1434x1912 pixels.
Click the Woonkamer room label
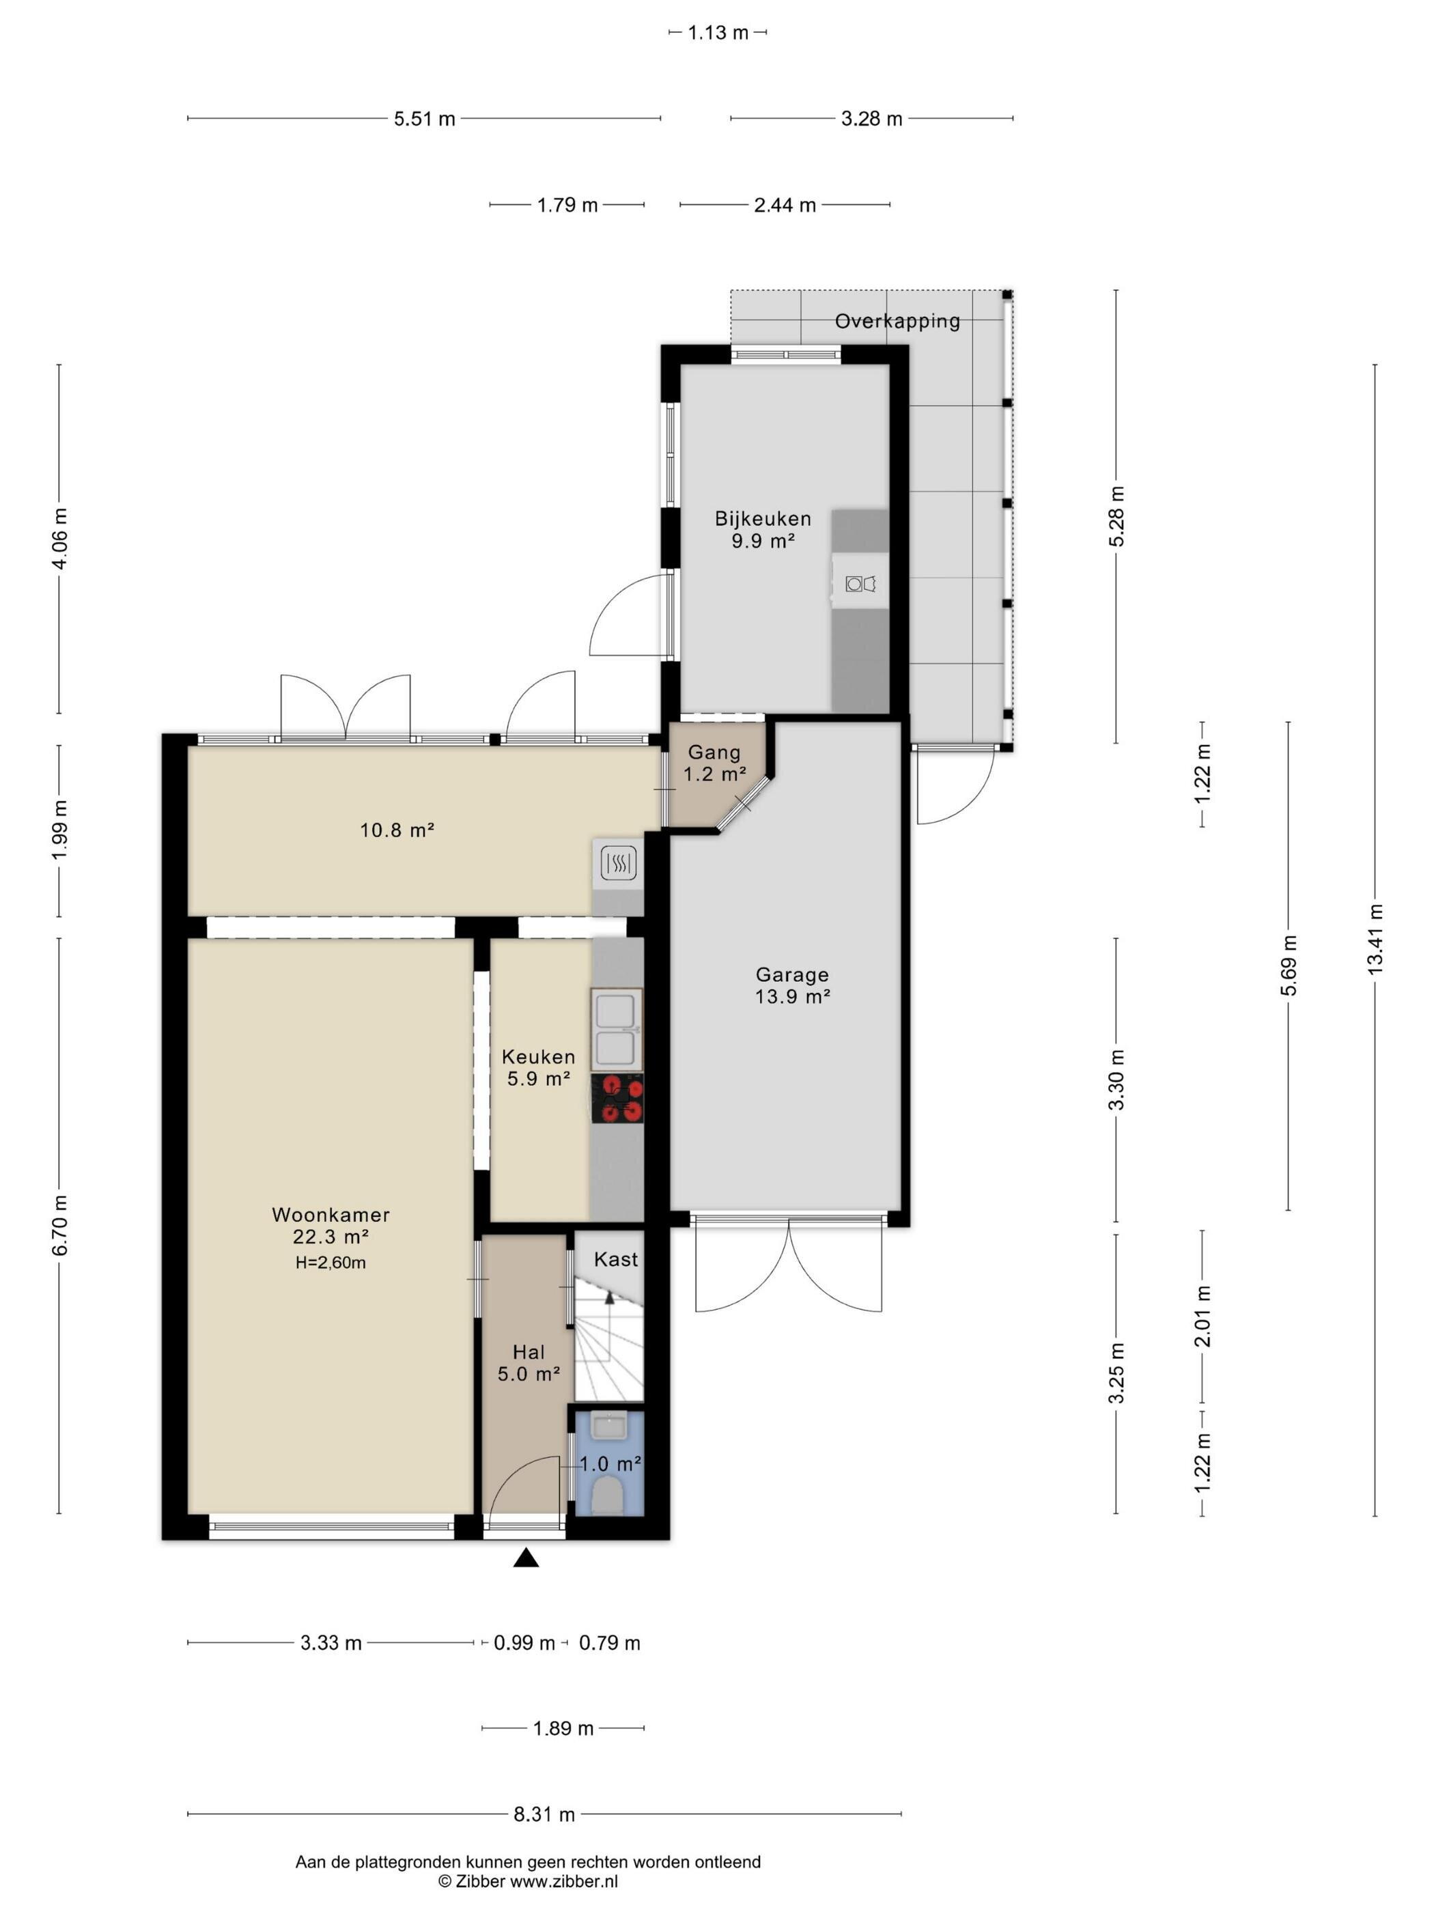click(x=331, y=1214)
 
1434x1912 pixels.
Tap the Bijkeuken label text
click(x=762, y=518)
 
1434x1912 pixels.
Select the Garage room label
click(x=791, y=974)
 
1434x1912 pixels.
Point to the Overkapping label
click(x=897, y=322)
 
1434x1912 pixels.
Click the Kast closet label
click(x=615, y=1259)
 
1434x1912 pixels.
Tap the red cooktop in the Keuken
click(x=617, y=1099)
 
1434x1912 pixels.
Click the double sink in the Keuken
click(x=617, y=1030)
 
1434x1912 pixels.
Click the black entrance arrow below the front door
click(x=526, y=1558)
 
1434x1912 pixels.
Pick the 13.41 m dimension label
click(x=1375, y=940)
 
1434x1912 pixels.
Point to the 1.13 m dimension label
click(x=718, y=33)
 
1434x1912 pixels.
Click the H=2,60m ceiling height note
click(x=331, y=1263)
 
